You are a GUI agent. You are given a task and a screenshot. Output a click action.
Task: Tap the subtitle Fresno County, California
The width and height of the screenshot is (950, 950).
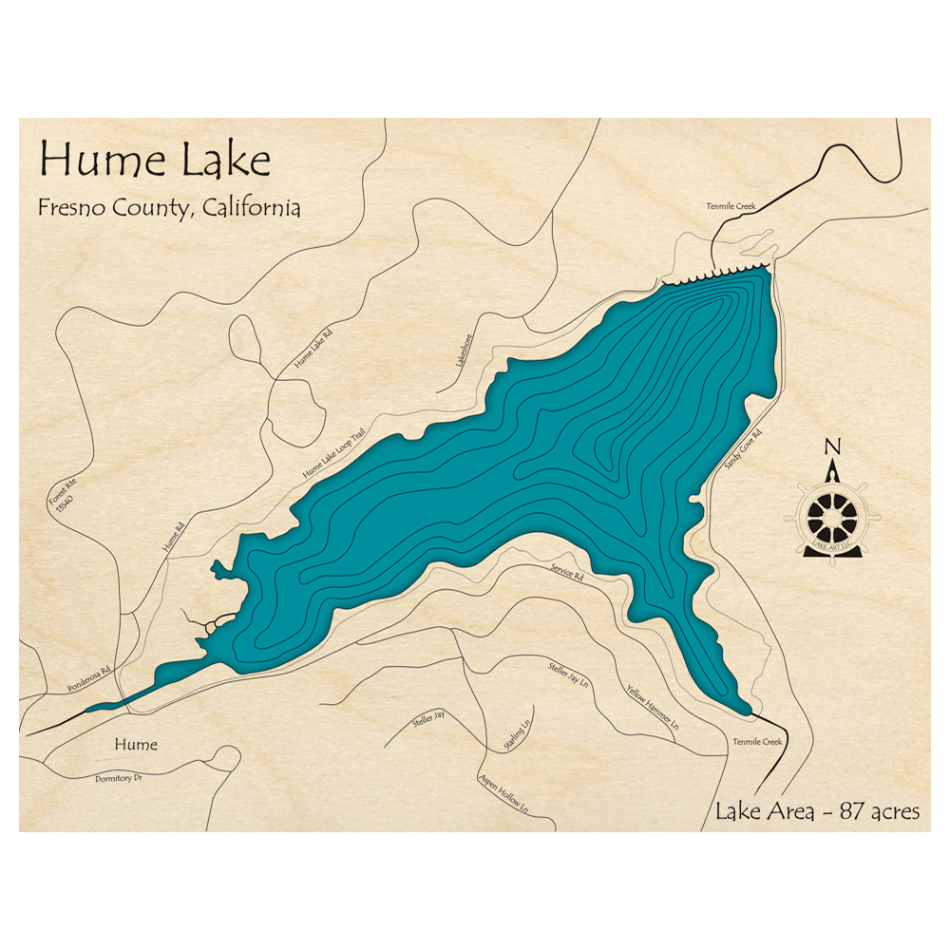pyautogui.click(x=169, y=208)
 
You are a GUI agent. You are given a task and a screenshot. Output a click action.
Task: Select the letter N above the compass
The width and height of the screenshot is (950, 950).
pyautogui.click(x=833, y=447)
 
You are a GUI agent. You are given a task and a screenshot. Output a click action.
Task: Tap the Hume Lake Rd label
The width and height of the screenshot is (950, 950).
pyautogui.click(x=314, y=349)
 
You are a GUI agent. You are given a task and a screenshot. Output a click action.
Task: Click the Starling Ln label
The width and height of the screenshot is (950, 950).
pyautogui.click(x=517, y=733)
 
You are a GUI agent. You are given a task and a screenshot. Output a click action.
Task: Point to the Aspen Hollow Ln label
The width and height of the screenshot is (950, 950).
pyautogui.click(x=503, y=794)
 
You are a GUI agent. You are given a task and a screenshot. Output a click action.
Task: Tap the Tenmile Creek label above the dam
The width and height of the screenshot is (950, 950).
pyautogui.click(x=730, y=205)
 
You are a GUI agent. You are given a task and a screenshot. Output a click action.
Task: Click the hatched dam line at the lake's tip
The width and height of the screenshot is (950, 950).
pyautogui.click(x=718, y=273)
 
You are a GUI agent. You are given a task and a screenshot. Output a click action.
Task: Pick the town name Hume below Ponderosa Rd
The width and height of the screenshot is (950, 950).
pyautogui.click(x=135, y=745)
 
